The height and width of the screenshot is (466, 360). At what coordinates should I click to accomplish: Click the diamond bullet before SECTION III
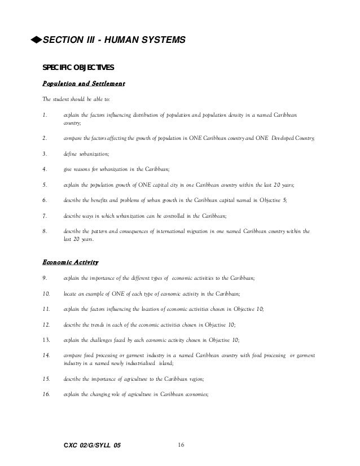tap(37, 40)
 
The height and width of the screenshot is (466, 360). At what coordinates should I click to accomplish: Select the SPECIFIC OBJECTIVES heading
tap(78, 68)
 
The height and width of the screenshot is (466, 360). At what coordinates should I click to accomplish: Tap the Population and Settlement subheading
tap(84, 84)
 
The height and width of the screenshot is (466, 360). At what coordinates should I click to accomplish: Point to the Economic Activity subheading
tap(71, 262)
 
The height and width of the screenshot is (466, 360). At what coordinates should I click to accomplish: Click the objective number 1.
tap(45, 115)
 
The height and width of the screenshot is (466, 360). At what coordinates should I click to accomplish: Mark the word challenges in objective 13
tap(103, 340)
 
